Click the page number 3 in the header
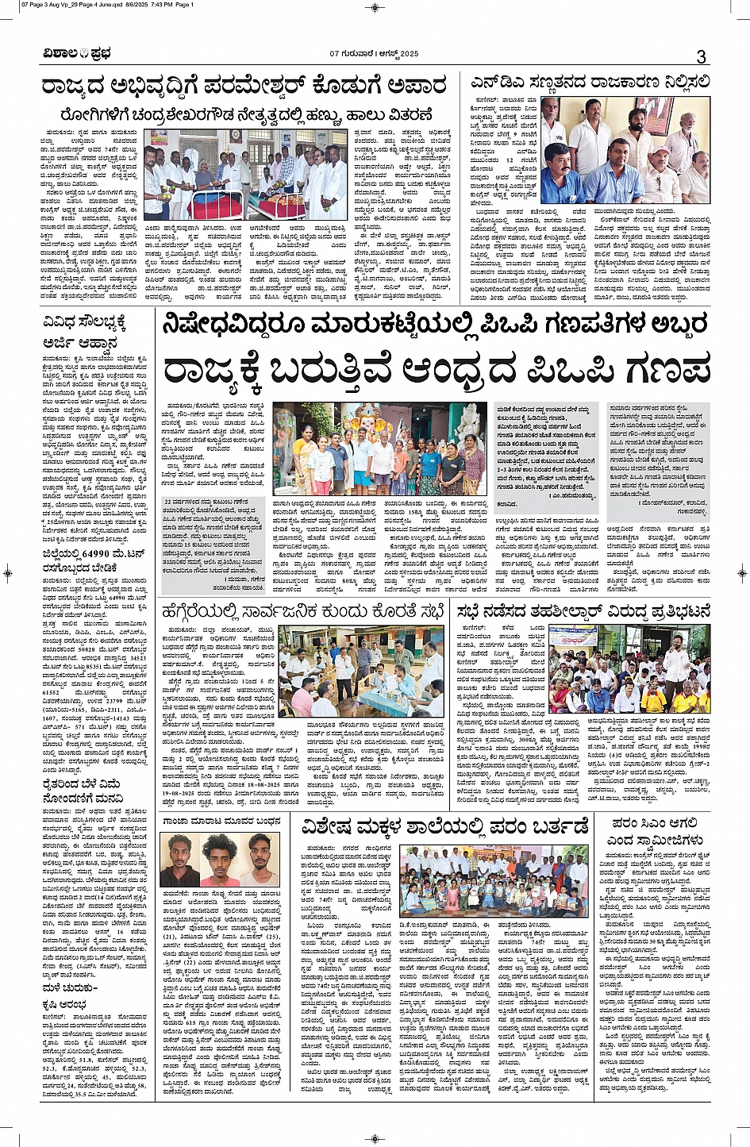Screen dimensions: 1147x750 tap(701, 56)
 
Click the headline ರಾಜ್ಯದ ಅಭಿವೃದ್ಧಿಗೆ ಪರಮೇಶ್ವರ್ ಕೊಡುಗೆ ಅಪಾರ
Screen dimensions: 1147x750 tap(247, 87)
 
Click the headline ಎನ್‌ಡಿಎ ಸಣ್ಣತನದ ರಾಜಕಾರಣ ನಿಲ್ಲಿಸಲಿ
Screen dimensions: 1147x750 tap(587, 82)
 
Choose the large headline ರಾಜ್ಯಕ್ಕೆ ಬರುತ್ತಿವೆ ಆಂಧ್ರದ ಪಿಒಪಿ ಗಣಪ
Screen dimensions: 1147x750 tap(437, 370)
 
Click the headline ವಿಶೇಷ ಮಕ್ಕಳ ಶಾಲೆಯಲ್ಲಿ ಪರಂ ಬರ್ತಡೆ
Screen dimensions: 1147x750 tap(444, 826)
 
